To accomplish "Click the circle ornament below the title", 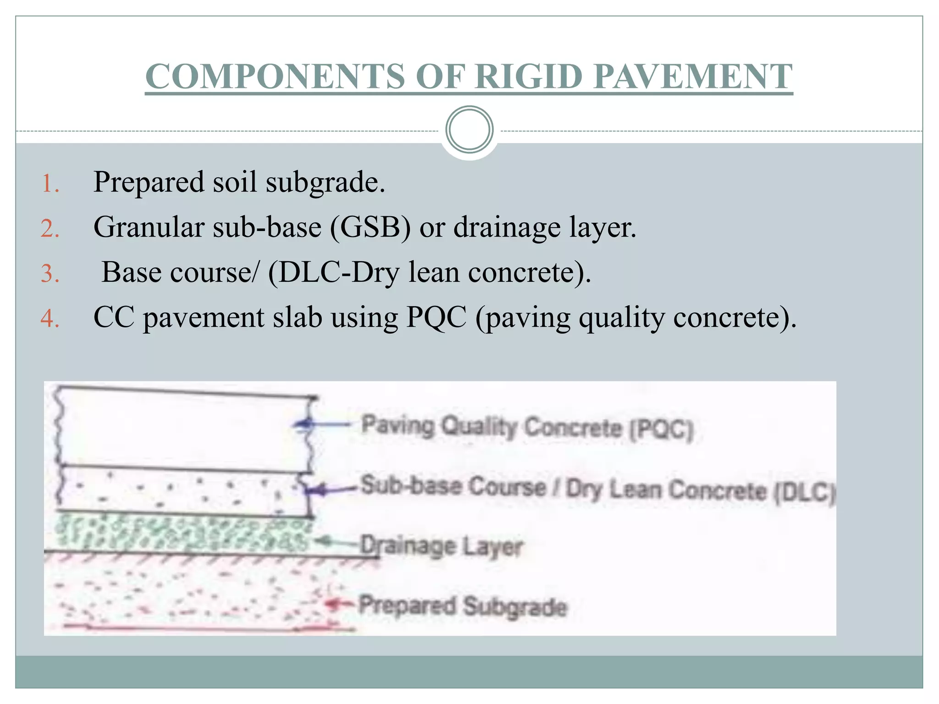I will (x=469, y=130).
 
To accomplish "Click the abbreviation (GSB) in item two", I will (x=370, y=227).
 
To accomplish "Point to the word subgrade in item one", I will (x=325, y=183).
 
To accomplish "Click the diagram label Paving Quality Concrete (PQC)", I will (x=527, y=427).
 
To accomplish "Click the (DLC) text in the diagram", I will (x=805, y=493).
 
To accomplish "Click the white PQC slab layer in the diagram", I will (x=183, y=431).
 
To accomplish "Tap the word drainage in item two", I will (x=507, y=228).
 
